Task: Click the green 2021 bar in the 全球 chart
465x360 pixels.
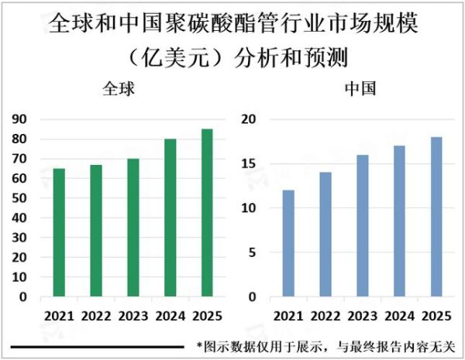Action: point(59,232)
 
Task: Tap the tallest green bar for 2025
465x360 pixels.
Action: point(207,213)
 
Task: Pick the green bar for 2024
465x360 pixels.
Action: point(170,218)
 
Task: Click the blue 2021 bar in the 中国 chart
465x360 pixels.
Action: point(288,243)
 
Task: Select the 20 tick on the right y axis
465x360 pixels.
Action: point(248,119)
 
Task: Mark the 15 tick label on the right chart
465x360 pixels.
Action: point(248,163)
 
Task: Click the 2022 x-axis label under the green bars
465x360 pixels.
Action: point(96,316)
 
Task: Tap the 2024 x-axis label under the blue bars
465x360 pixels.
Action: point(400,316)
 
